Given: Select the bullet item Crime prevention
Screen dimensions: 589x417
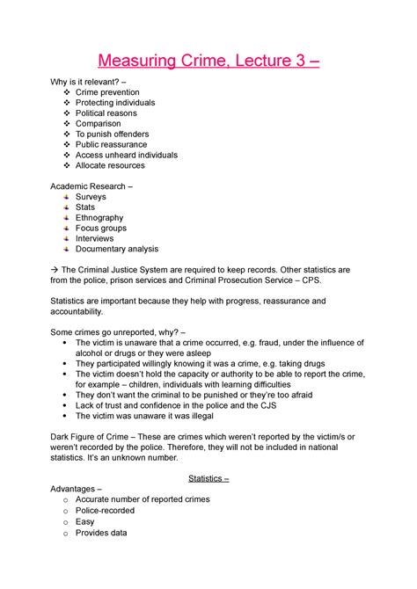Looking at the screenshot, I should tap(107, 92).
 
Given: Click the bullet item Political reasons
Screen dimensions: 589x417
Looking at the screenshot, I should tap(110, 113).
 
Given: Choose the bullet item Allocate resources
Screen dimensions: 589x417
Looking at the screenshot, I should tap(110, 165).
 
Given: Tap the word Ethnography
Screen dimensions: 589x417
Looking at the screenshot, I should tap(99, 217).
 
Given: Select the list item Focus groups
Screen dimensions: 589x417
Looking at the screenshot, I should tap(100, 229).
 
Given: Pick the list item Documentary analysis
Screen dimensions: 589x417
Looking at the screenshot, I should tap(117, 249).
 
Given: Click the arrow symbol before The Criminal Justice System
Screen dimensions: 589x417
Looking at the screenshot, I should tap(55, 270).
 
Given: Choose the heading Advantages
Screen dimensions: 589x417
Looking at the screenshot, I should tap(76, 489).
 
